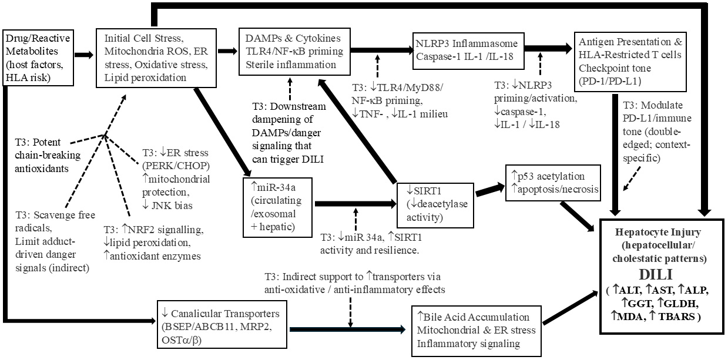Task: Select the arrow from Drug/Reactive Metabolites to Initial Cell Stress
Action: tap(83, 55)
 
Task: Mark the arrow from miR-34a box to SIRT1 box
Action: tap(355, 204)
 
